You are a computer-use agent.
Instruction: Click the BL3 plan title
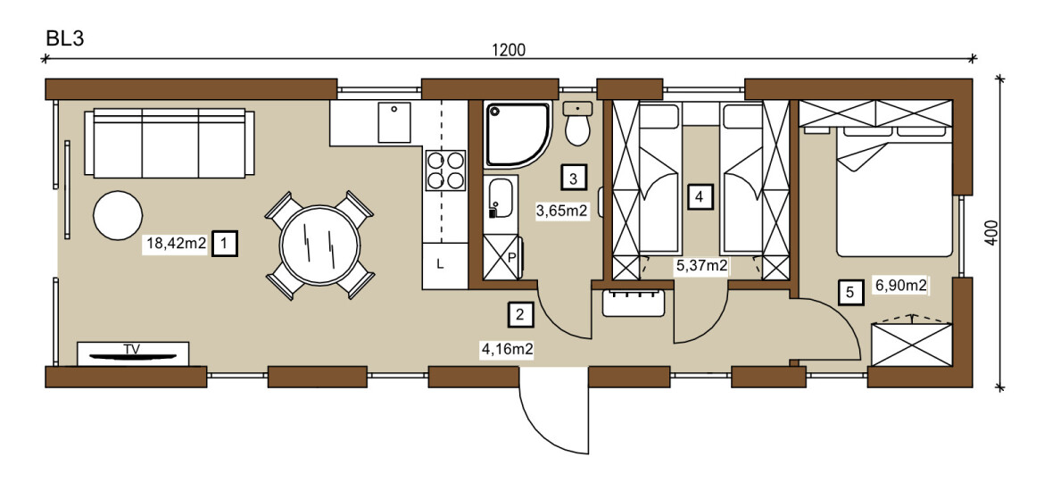click(x=64, y=38)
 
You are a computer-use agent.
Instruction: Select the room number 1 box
click(x=224, y=244)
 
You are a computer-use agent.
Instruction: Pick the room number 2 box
click(x=521, y=313)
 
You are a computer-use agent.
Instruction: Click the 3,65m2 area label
click(x=562, y=212)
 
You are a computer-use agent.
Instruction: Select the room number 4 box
click(x=698, y=197)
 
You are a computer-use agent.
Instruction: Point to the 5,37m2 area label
click(x=701, y=266)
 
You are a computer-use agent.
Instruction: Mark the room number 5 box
click(x=849, y=292)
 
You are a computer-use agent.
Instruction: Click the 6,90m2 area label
click(x=901, y=287)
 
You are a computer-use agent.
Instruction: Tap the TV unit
click(x=132, y=353)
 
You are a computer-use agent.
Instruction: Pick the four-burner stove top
click(x=445, y=171)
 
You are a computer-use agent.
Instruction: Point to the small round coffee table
click(x=118, y=215)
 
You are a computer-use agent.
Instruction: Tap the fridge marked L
click(x=444, y=266)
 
